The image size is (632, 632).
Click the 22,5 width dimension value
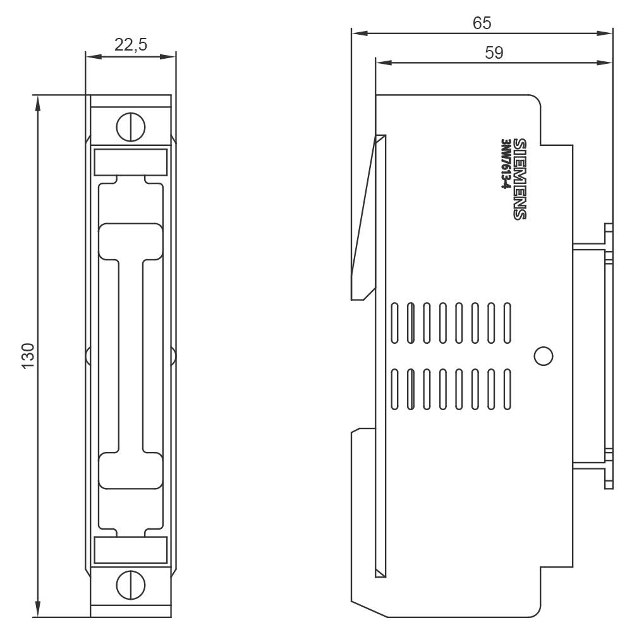[131, 44]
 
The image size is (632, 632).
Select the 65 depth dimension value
[482, 23]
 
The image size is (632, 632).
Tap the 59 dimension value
[494, 53]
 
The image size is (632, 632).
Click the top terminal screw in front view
[131, 127]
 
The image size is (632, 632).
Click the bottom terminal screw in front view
[131, 585]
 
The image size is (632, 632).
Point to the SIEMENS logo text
[519, 179]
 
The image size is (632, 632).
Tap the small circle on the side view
[543, 356]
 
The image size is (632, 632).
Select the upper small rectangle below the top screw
[131, 161]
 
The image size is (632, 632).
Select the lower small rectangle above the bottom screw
[131, 550]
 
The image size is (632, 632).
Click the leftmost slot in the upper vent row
[396, 324]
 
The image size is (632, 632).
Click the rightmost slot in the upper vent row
[506, 324]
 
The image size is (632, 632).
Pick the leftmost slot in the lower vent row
[396, 389]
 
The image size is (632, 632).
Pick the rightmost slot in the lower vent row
[506, 389]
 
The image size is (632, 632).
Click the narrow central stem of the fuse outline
[131, 354]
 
